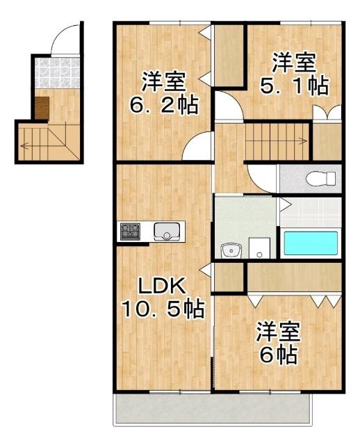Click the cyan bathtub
pyautogui.click(x=310, y=243)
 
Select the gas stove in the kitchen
pyautogui.click(x=130, y=231)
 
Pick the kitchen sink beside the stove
pyautogui.click(x=167, y=231)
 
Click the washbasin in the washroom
pyautogui.click(x=229, y=250)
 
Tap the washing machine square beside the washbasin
pyautogui.click(x=259, y=247)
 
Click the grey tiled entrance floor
pyautogui.click(x=54, y=72)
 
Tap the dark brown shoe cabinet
pyautogui.click(x=42, y=108)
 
